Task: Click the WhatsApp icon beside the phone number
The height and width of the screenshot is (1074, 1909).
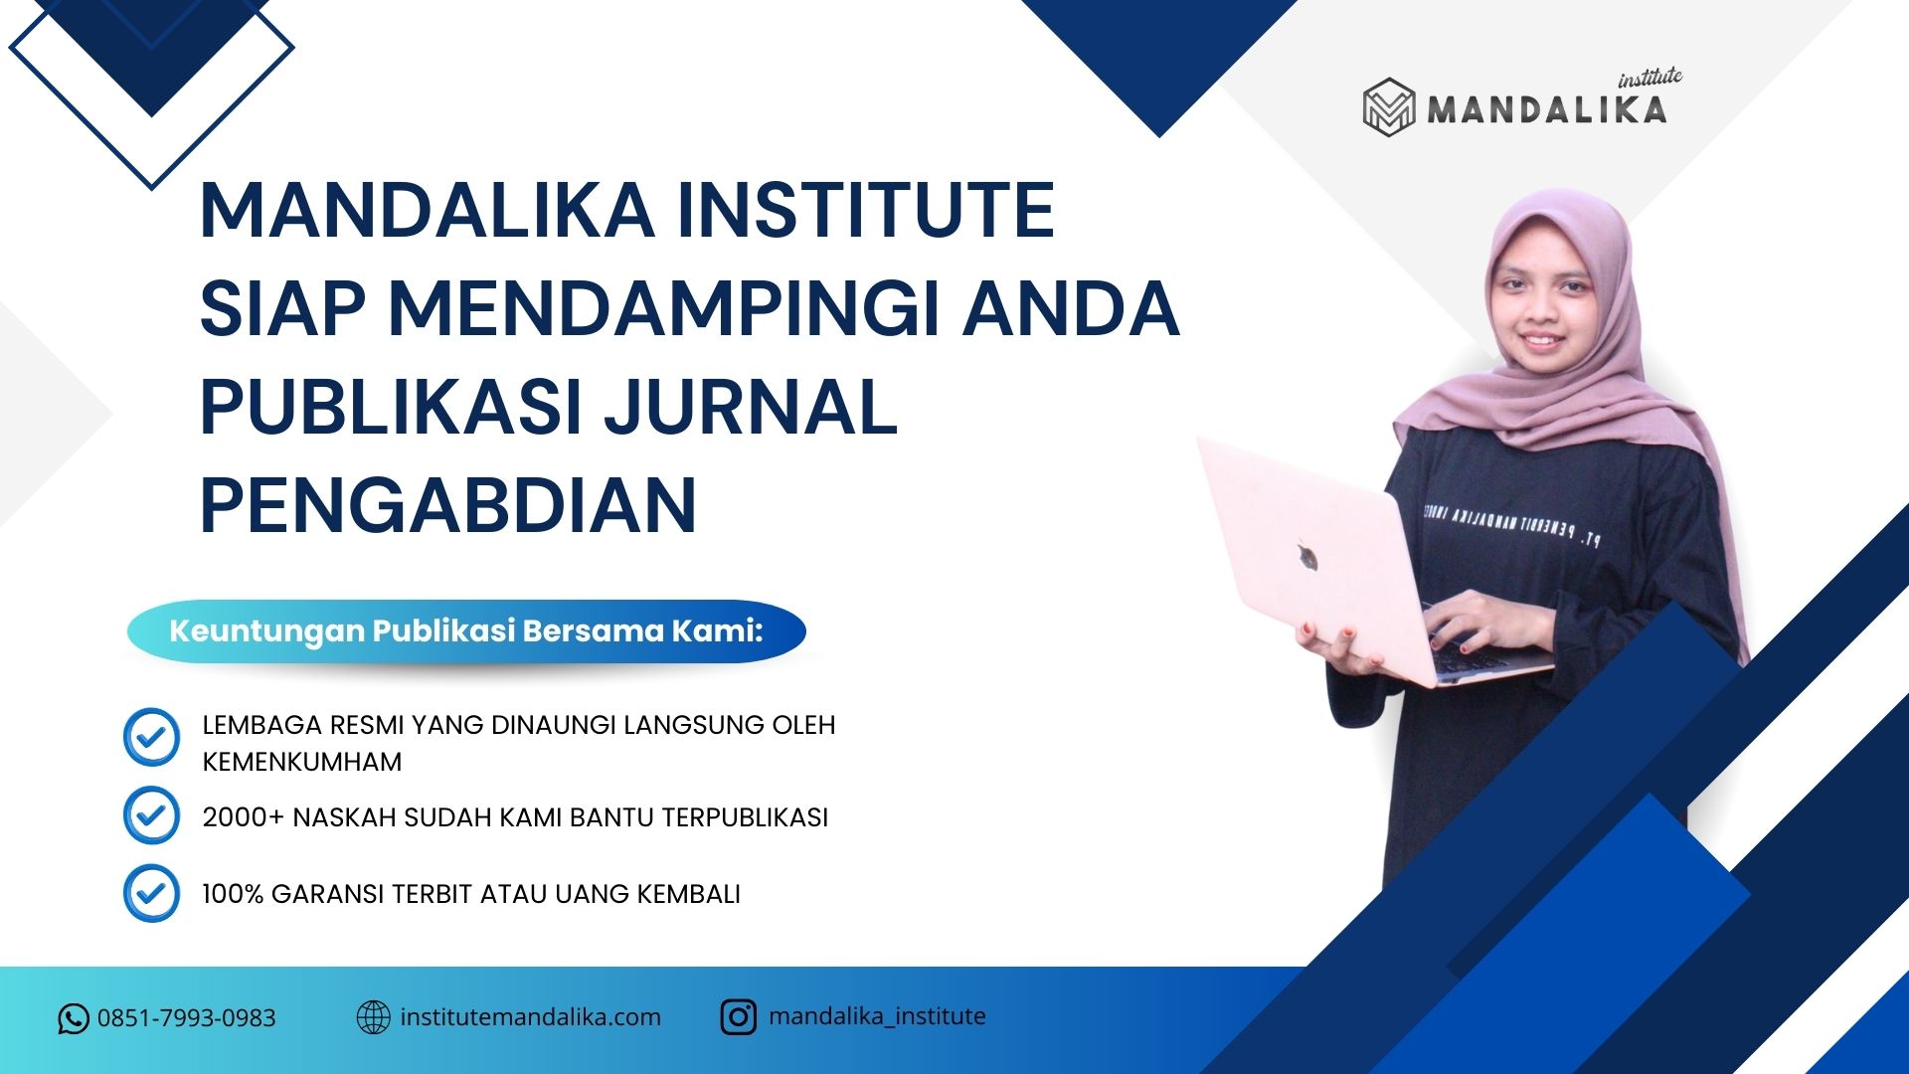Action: [73, 1018]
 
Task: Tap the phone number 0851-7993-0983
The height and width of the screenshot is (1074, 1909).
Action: [186, 1018]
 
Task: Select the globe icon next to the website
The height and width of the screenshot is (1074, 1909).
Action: [373, 1017]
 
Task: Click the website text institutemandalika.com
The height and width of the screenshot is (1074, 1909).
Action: [530, 1017]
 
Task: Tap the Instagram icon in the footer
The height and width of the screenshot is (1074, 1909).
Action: [738, 1017]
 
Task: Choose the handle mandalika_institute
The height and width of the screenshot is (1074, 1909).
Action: [877, 1016]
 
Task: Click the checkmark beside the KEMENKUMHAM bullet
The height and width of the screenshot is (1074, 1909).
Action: [151, 737]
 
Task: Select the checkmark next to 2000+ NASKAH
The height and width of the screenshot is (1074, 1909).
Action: [151, 815]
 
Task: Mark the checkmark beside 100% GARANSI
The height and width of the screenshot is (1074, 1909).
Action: [151, 893]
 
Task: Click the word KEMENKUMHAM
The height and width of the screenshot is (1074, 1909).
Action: [302, 762]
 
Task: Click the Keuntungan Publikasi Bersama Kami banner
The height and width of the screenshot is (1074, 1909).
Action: [466, 631]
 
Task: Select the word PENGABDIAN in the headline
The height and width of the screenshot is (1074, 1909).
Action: [448, 505]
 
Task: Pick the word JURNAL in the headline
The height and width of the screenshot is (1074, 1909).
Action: [753, 407]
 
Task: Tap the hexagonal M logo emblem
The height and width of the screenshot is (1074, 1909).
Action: [1388, 106]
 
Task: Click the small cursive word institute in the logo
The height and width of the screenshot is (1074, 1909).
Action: [1650, 78]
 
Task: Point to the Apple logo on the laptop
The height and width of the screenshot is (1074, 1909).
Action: [1306, 555]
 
